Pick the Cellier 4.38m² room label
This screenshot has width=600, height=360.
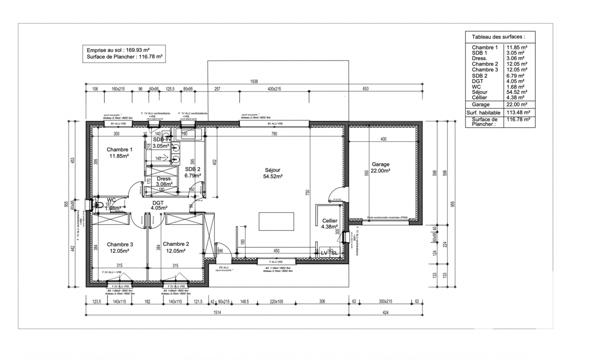coord(330,223)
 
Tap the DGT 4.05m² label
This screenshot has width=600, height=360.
coord(158,205)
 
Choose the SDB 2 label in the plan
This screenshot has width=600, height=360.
coord(192,172)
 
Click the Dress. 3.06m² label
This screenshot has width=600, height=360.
coord(164,182)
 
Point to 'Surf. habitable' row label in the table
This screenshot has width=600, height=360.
coord(484,113)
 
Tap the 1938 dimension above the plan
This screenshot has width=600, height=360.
coord(254,82)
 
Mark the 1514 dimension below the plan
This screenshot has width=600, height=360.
coord(216,310)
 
